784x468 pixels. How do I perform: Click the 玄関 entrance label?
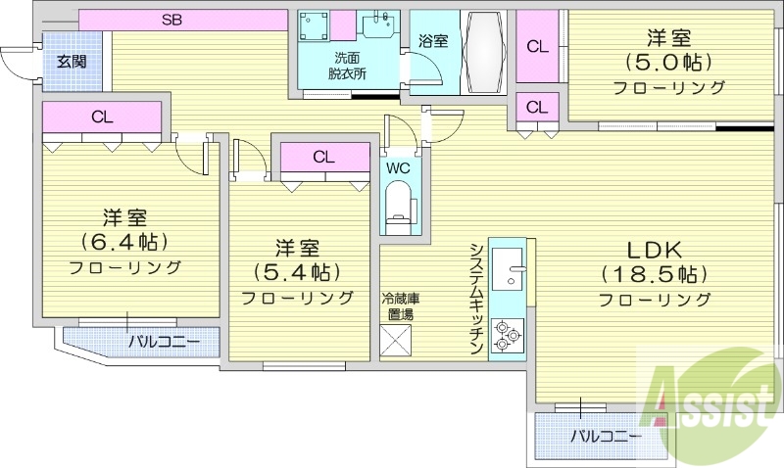click(x=71, y=62)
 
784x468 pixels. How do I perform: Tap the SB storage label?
click(x=172, y=19)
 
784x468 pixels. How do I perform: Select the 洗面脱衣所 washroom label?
click(x=349, y=65)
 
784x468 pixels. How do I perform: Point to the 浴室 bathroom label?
click(x=432, y=41)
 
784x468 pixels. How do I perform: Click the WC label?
click(x=398, y=167)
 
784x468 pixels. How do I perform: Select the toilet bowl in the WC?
click(x=399, y=210)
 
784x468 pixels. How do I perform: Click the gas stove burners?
click(x=508, y=334)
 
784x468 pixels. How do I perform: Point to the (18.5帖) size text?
click(x=655, y=274)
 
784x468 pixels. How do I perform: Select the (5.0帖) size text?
click(x=669, y=64)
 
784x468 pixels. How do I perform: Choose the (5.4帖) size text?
click(x=297, y=271)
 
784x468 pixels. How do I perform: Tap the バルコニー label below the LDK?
click(x=607, y=436)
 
